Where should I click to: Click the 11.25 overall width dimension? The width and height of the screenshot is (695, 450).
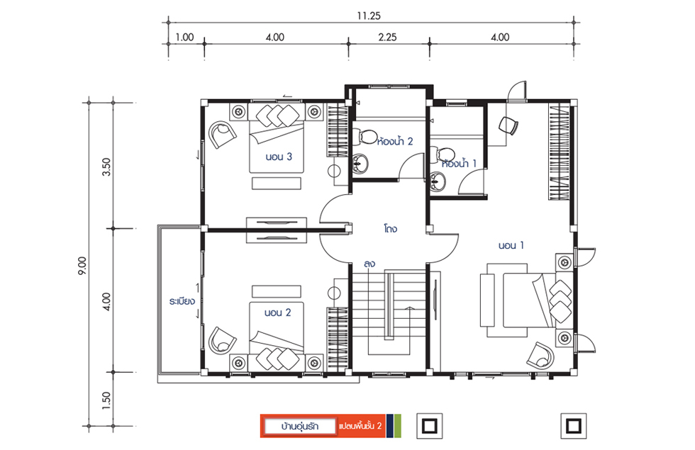(369, 16)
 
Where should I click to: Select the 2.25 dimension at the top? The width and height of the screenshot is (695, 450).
(387, 37)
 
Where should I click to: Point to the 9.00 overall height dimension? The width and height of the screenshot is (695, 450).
(83, 266)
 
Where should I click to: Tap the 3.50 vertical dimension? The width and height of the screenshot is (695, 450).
(106, 167)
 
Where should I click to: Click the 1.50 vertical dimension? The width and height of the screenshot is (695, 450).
(106, 401)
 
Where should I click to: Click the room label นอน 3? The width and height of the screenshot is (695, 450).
(279, 157)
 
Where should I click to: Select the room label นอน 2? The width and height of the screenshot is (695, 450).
(277, 313)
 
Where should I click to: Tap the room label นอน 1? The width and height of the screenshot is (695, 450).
(511, 245)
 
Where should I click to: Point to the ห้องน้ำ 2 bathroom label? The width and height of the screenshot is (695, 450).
(395, 141)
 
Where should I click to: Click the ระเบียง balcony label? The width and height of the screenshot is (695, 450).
(182, 302)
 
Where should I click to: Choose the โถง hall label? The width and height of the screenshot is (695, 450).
(391, 229)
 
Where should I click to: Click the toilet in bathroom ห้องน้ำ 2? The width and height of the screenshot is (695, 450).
(365, 136)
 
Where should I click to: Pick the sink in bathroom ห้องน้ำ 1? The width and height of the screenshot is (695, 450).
(438, 181)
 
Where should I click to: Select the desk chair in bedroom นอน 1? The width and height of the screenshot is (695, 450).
(508, 125)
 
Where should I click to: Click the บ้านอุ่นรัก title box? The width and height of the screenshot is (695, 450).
(299, 426)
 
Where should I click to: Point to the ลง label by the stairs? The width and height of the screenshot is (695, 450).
(369, 264)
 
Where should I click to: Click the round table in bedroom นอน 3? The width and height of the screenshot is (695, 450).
(334, 171)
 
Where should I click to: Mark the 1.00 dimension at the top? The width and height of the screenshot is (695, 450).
(184, 37)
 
